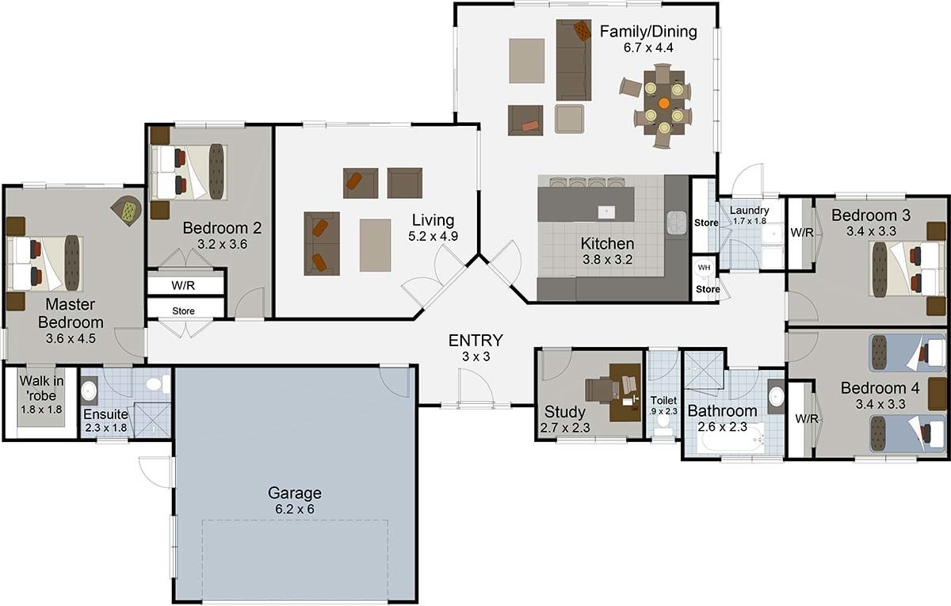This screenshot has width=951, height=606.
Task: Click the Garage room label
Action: [x=294, y=493]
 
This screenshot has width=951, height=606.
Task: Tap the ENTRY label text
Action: [x=475, y=341]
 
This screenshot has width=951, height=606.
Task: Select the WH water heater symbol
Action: [x=704, y=269]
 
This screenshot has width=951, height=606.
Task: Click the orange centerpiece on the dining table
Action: [x=664, y=103]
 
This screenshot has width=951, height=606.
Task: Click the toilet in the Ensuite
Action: [x=157, y=384]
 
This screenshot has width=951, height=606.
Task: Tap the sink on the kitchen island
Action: [x=606, y=212]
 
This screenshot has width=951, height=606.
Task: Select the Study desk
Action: [x=625, y=393]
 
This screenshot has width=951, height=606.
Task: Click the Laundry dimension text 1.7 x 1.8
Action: [x=750, y=221]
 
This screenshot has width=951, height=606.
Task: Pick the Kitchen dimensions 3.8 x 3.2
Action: [x=607, y=260]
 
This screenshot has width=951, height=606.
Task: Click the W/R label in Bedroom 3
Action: [x=802, y=233]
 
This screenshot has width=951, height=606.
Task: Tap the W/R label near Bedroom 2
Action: [x=183, y=286]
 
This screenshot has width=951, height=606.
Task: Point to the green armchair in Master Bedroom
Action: [x=127, y=211]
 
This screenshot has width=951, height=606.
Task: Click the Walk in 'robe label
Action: [x=41, y=388]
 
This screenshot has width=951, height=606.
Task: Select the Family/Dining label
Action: [x=648, y=32]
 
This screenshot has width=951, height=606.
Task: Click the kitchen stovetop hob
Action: [x=677, y=223]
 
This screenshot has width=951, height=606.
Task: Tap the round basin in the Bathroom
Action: [x=777, y=397]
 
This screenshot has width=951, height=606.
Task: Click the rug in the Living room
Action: [x=376, y=246]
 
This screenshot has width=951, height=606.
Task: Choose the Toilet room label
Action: [x=663, y=400]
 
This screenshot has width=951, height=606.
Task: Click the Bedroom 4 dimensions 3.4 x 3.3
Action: [x=880, y=405]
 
